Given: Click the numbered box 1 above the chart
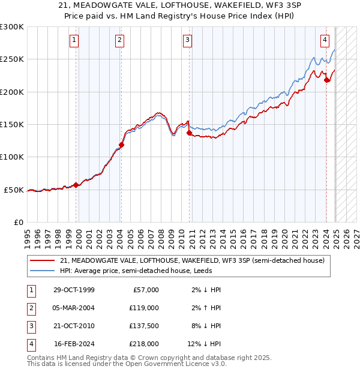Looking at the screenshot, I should pyautogui.click(x=74, y=40).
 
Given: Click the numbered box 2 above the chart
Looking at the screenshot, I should pyautogui.click(x=120, y=40).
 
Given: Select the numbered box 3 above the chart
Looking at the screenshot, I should pyautogui.click(x=188, y=40).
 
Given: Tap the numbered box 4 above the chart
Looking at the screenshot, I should pyautogui.click(x=325, y=40).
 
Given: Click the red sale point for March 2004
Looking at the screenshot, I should pyautogui.click(x=121, y=145).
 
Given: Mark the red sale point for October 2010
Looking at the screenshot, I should pyautogui.click(x=189, y=133).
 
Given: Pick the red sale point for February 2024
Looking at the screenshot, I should pyautogui.click(x=326, y=80).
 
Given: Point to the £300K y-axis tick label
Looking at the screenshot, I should pyautogui.click(x=12, y=27).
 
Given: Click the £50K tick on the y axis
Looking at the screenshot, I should pyautogui.click(x=14, y=190).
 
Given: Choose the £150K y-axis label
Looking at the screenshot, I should pyautogui.click(x=12, y=124).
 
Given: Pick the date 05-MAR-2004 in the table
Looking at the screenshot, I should pyautogui.click(x=74, y=308).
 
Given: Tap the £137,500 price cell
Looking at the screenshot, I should pyautogui.click(x=143, y=326).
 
